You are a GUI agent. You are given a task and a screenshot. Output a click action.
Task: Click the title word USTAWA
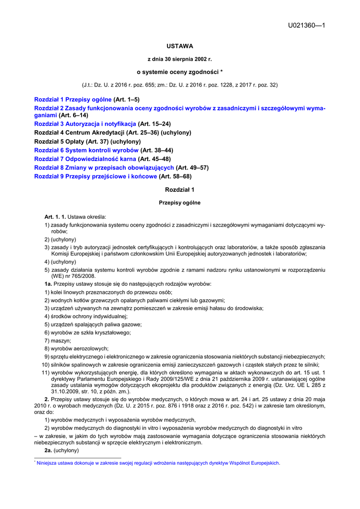click(180, 46)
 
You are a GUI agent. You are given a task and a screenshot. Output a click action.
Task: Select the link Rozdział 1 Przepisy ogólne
click(73, 99)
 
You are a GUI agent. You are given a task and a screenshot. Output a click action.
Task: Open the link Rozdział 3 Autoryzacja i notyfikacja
click(85, 123)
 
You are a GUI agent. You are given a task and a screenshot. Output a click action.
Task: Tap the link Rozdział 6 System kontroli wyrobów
click(86, 150)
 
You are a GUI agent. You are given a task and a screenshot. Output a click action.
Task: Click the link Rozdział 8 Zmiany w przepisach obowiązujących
click(104, 168)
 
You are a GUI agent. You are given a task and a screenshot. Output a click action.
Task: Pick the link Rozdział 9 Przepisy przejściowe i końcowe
click(95, 176)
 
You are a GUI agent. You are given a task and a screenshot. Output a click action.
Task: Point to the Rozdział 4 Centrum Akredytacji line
click(112, 133)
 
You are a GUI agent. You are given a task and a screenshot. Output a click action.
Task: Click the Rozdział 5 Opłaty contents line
click(87, 142)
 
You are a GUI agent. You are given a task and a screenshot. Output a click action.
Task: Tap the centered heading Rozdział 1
click(180, 190)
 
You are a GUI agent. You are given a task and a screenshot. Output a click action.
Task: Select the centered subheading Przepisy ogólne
click(180, 203)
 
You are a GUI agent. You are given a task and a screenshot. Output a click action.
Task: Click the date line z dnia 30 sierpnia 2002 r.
click(180, 59)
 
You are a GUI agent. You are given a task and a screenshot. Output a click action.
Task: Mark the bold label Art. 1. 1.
click(55, 217)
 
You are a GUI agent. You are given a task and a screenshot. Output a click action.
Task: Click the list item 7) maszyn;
click(58, 340)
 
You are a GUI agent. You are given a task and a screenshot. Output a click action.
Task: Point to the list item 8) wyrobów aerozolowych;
click(76, 348)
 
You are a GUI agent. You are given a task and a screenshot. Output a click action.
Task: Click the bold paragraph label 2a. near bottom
click(48, 450)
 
